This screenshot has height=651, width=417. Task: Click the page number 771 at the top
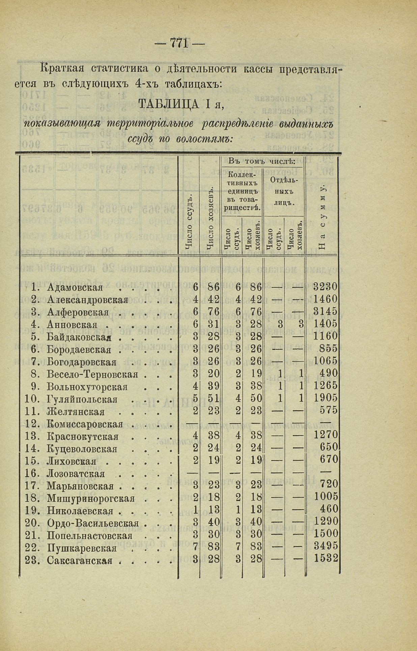(x=179, y=43)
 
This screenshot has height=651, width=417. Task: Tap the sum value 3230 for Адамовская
(x=325, y=287)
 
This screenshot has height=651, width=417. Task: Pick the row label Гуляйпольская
(x=82, y=399)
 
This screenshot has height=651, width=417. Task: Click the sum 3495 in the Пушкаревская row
(x=326, y=546)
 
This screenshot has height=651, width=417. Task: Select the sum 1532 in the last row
(x=326, y=558)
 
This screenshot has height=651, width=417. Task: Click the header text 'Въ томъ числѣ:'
(x=262, y=161)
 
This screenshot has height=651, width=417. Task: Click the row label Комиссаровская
(x=85, y=424)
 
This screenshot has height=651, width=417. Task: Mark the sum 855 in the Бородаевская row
(x=330, y=349)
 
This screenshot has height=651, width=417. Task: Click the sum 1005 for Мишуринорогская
(x=326, y=496)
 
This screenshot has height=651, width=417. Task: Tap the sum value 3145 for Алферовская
(x=325, y=311)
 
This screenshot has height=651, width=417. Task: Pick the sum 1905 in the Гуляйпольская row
(x=325, y=398)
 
